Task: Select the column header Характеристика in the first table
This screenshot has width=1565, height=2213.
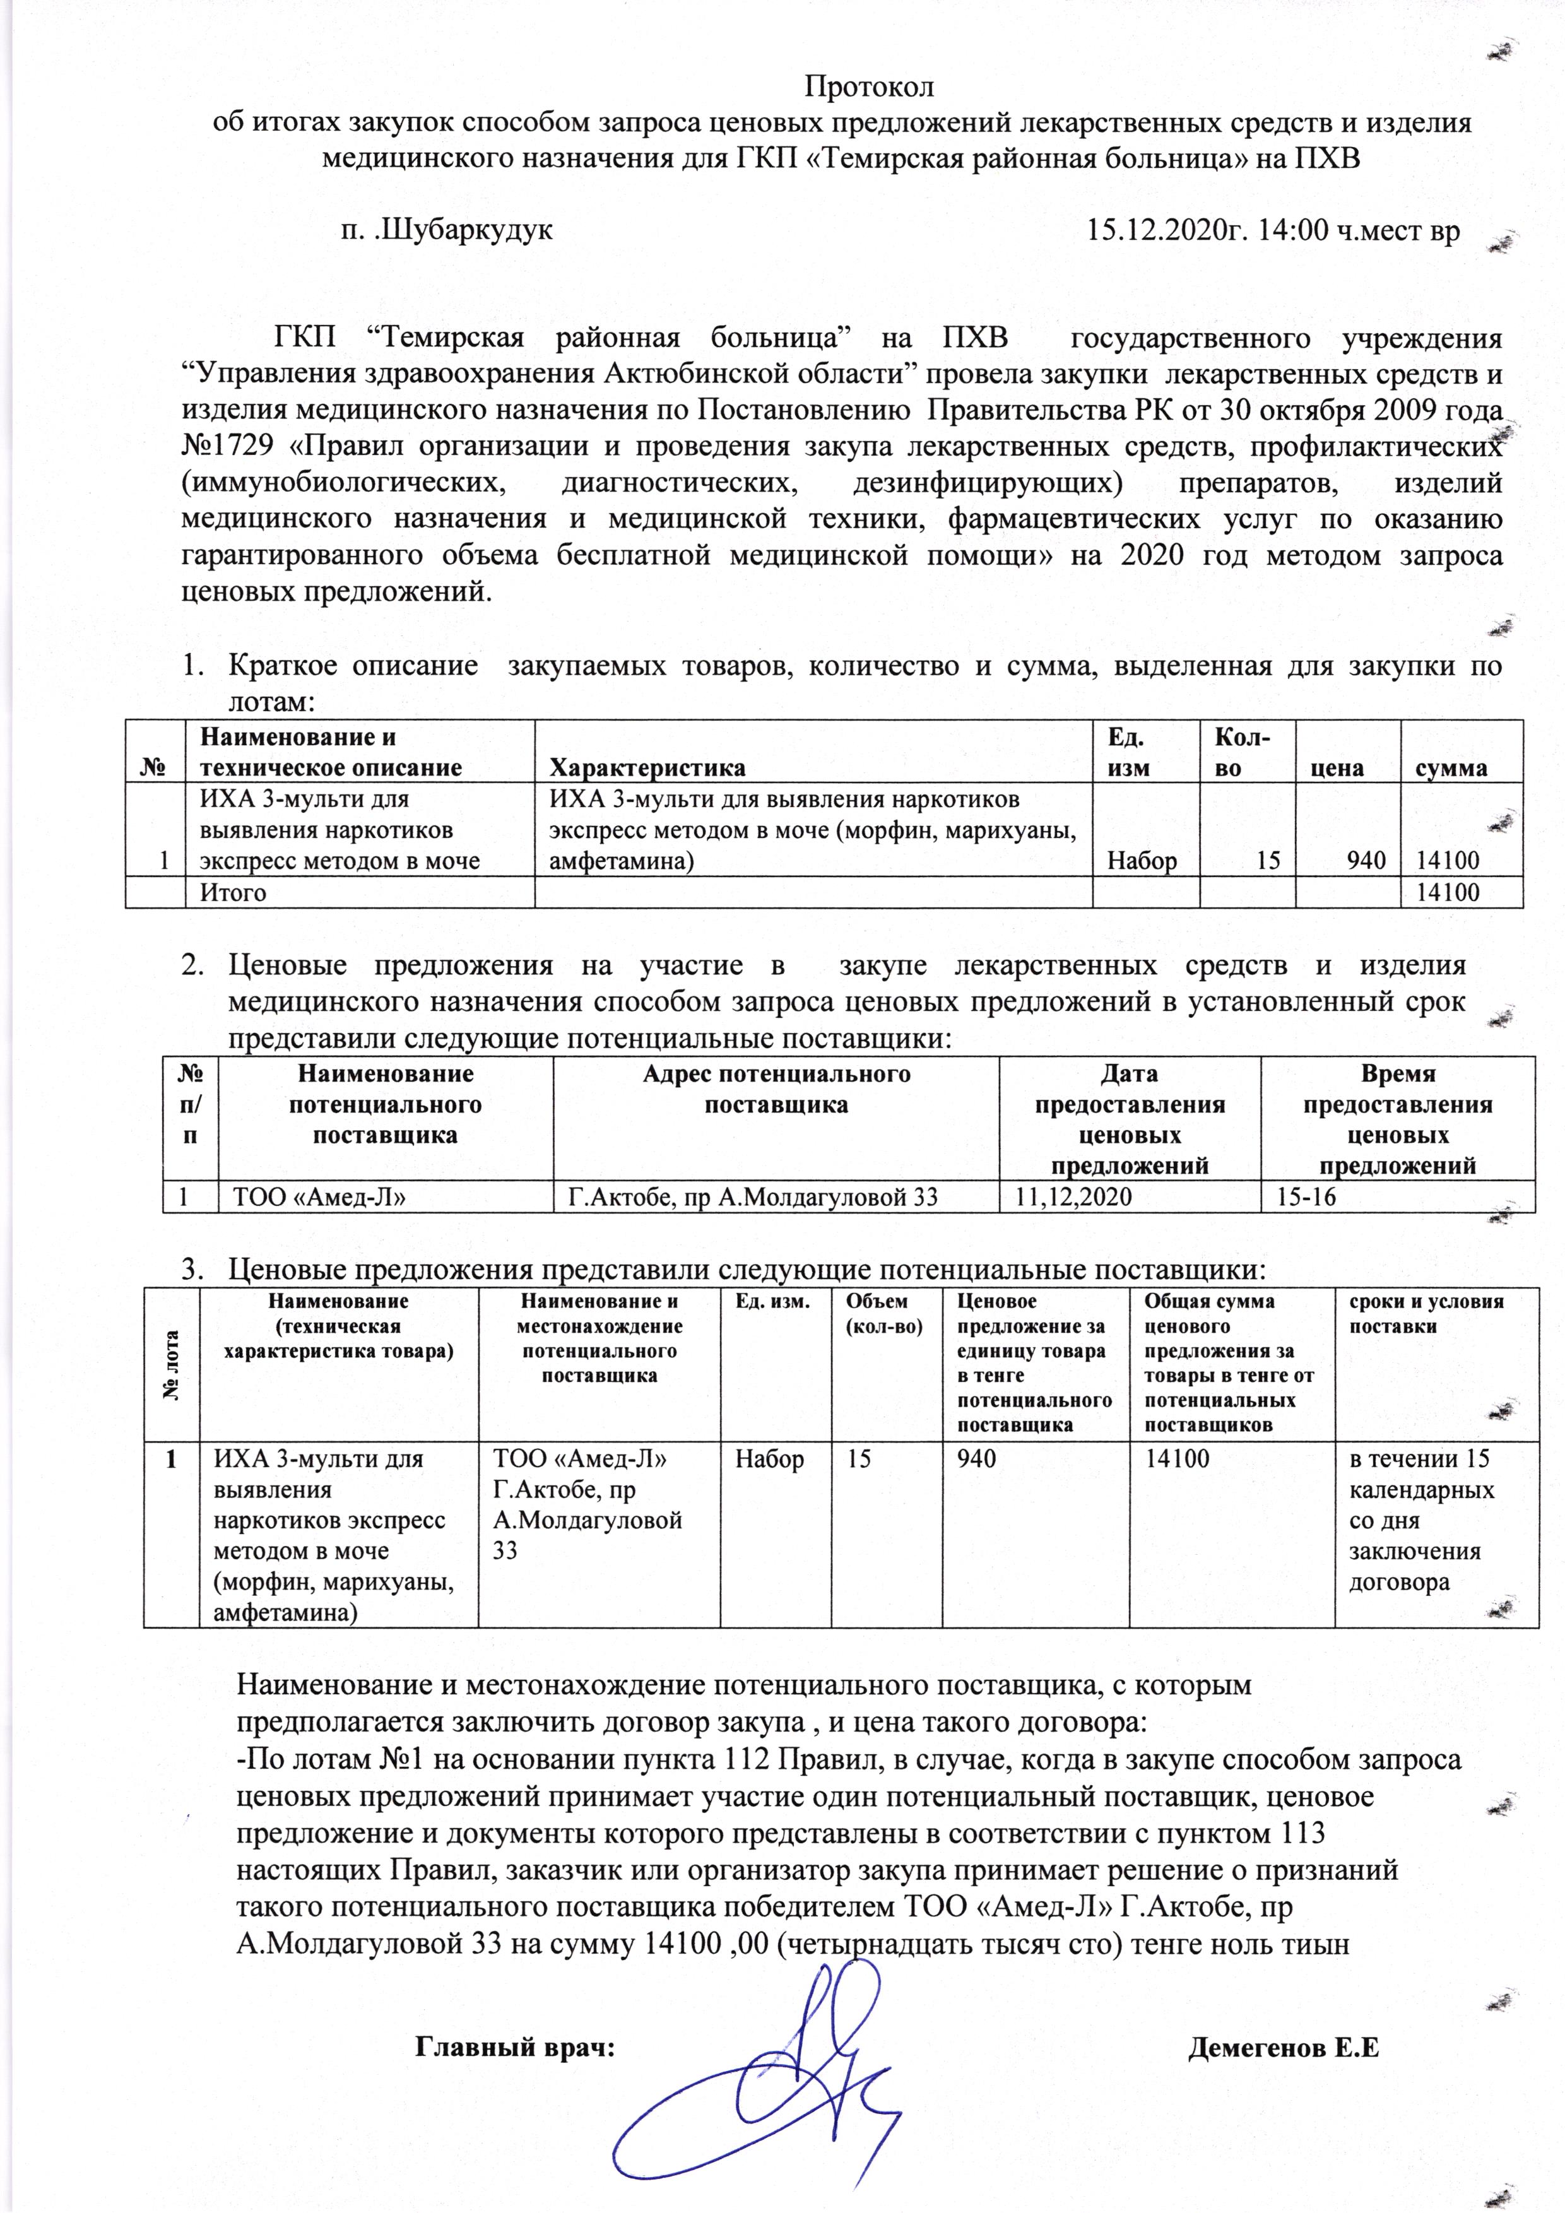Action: click(647, 767)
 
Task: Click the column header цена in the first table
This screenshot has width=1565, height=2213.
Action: click(1338, 767)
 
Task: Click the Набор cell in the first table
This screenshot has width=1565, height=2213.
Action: click(1145, 861)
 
